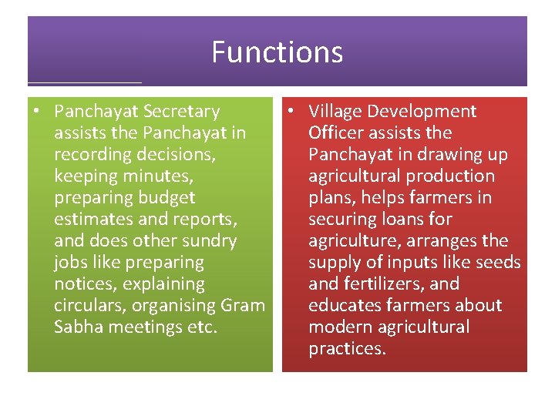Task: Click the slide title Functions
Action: click(x=277, y=52)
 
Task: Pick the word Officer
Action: click(x=337, y=133)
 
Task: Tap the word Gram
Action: click(x=242, y=306)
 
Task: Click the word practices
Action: click(x=346, y=349)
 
